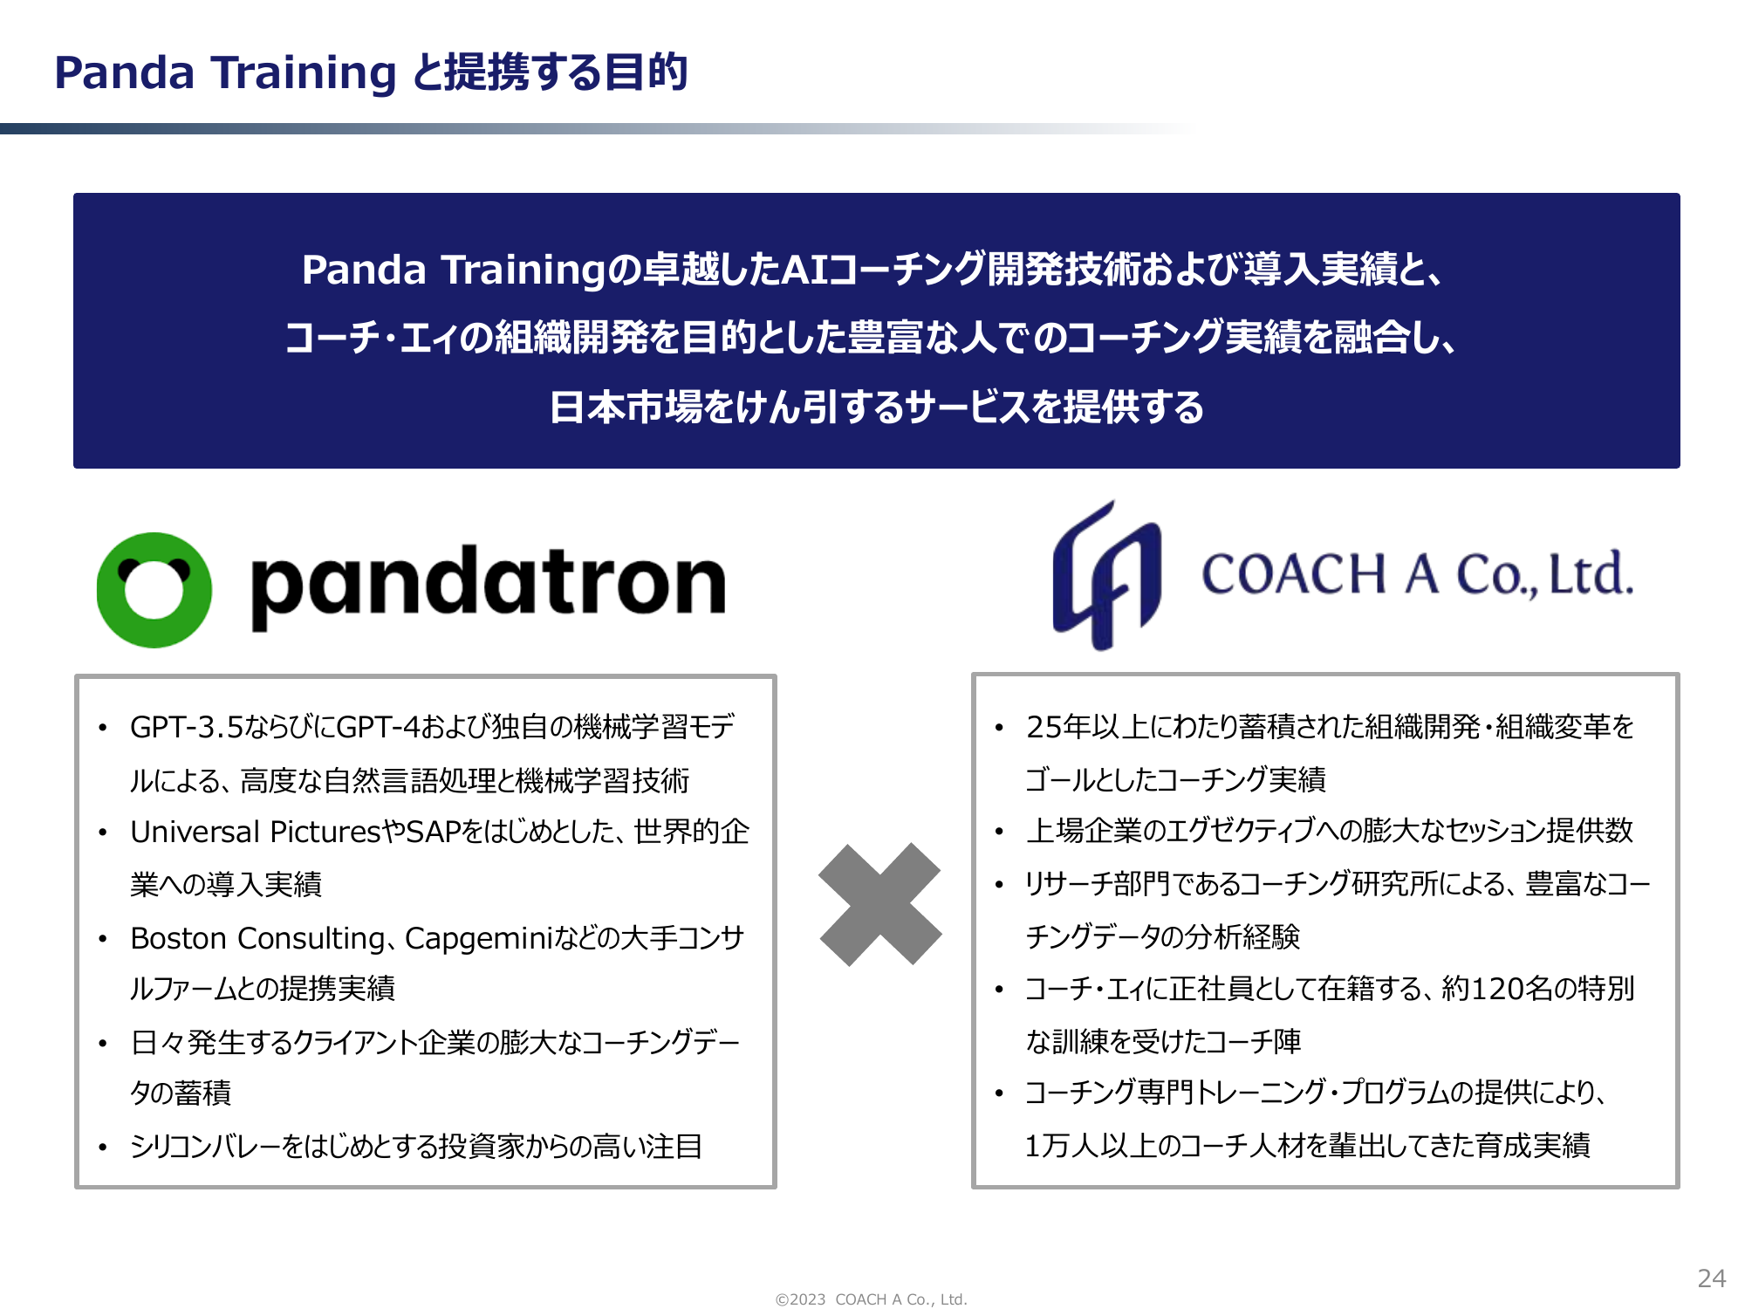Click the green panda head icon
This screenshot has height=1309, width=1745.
tap(154, 590)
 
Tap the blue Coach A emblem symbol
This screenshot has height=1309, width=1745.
tap(1106, 575)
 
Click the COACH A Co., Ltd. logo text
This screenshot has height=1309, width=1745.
tap(1417, 574)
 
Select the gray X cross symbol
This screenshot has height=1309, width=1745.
tap(879, 904)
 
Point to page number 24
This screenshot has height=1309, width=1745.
tap(1711, 1278)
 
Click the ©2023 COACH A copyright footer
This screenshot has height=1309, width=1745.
tap(871, 1299)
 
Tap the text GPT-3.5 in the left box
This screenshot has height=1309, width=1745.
tap(186, 727)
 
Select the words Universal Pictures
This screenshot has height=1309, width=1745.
tap(257, 832)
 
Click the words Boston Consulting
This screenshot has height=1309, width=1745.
tap(257, 938)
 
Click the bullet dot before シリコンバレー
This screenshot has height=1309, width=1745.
tap(103, 1147)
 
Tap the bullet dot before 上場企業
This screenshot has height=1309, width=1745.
tap(1000, 832)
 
